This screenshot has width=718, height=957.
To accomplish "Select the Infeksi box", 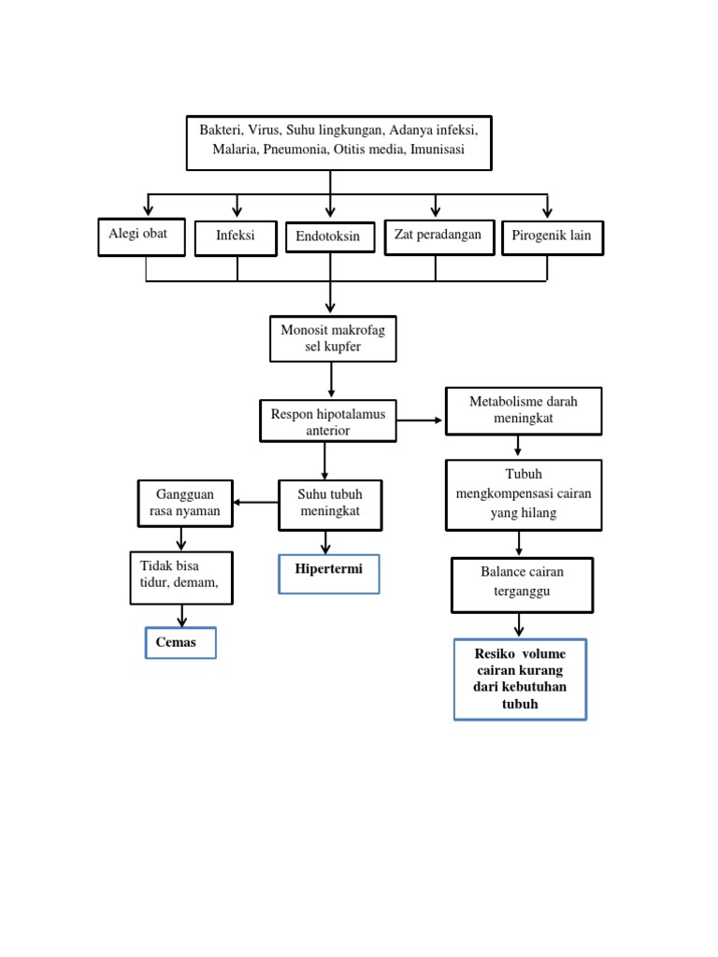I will [237, 237].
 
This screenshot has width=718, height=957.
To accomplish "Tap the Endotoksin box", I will [329, 238].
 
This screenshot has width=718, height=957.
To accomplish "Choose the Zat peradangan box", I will [438, 236].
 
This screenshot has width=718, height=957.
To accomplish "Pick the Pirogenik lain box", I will [553, 237].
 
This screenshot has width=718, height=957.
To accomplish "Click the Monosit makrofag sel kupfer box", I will [333, 338].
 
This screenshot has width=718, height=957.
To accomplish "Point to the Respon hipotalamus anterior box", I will [328, 421].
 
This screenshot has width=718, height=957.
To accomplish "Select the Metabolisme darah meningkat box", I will [523, 410].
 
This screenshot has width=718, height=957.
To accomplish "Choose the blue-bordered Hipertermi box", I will [329, 573].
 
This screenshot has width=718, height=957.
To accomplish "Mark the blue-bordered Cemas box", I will [180, 643].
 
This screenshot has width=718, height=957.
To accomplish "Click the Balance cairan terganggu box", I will [523, 584].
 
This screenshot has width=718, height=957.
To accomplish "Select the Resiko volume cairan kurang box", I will [521, 679].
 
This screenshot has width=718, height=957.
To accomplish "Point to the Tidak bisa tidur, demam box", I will [180, 576].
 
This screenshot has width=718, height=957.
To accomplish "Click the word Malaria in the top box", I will [237, 150].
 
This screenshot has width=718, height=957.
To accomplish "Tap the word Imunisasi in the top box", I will [437, 150].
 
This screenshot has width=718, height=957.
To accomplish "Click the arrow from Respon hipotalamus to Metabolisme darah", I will [421, 421].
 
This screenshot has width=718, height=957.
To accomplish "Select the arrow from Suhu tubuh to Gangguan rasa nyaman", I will [255, 503].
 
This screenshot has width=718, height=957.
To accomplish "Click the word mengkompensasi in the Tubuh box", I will [505, 493].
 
